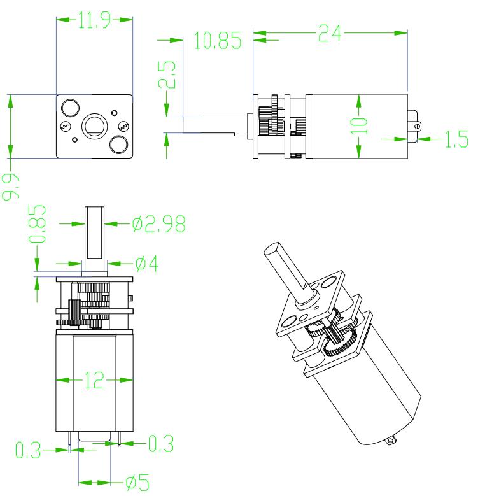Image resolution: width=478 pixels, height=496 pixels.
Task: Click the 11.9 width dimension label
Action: [94, 20]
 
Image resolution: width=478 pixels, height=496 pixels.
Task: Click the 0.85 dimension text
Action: [39, 224]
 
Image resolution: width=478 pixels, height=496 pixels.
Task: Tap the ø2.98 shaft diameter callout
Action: [158, 223]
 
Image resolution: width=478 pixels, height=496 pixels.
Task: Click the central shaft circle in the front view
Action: [95, 125]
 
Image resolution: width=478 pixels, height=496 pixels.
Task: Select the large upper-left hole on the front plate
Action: [69, 106]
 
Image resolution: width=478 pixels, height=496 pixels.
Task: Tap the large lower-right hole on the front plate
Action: [118, 145]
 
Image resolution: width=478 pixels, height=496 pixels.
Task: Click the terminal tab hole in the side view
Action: [417, 125]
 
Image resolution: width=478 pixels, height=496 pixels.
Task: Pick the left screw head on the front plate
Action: [66, 126]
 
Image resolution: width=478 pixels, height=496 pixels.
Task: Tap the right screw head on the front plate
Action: [123, 125]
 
